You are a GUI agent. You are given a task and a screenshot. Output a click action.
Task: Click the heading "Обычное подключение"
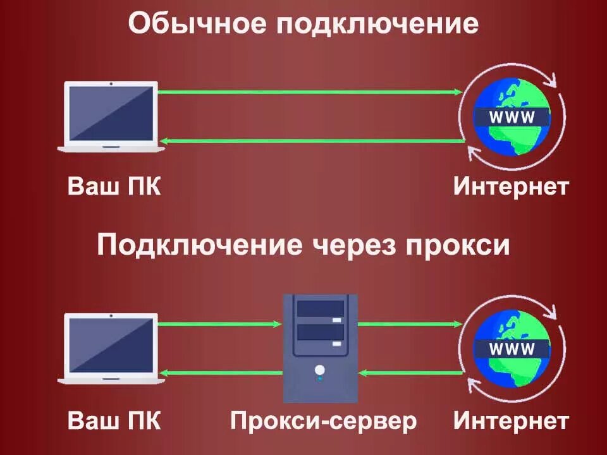pos(303,25)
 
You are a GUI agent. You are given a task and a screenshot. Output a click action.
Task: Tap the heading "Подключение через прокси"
pos(303,245)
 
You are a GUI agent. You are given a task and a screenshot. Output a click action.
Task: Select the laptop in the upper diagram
pos(111,116)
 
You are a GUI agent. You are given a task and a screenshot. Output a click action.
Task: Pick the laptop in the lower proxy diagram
pos(111,349)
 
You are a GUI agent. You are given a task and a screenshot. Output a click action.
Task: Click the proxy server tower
pos(321,348)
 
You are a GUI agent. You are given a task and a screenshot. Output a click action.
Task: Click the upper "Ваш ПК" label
pos(114,188)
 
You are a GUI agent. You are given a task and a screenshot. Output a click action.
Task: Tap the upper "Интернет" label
pos(511,188)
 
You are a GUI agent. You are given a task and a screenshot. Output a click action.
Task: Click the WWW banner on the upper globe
pos(512,117)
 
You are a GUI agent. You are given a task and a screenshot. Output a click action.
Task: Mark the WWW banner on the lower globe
pos(512,349)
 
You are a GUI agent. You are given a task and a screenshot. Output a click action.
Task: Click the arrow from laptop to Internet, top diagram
pos(310,92)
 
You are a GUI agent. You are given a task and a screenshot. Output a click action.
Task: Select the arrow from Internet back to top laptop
pos(310,141)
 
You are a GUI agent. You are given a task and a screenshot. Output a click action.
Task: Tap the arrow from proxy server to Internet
pos(410,324)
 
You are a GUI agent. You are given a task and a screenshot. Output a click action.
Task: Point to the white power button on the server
pos(320,369)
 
